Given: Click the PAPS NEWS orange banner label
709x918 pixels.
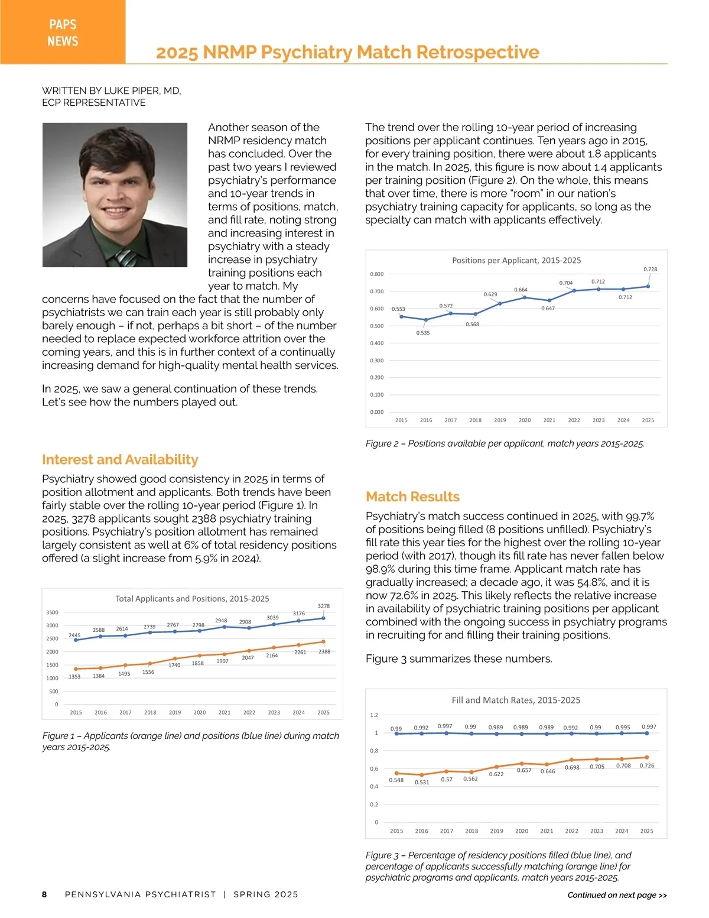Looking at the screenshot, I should pyautogui.click(x=63, y=33).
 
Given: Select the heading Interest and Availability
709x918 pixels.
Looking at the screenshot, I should pyautogui.click(x=120, y=459).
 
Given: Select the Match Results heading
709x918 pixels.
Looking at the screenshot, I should pyautogui.click(x=412, y=497).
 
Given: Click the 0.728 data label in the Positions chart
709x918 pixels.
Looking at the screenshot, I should pyautogui.click(x=650, y=270).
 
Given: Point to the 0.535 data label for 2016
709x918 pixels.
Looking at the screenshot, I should pyautogui.click(x=423, y=333).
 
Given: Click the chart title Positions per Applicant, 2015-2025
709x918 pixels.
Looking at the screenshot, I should pyautogui.click(x=516, y=260).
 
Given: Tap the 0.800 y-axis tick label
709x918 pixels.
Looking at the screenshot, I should pyautogui.click(x=376, y=274).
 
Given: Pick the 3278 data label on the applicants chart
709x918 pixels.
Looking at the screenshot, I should pyautogui.click(x=324, y=606).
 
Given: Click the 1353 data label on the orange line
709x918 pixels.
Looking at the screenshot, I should pyautogui.click(x=74, y=676).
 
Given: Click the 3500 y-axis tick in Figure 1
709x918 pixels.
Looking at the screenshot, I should pyautogui.click(x=52, y=612).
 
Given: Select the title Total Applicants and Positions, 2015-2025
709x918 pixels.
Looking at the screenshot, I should pyautogui.click(x=192, y=599).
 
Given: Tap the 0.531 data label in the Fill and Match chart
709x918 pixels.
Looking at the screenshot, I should pyautogui.click(x=422, y=782).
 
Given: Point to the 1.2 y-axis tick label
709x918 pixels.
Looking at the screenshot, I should pyautogui.click(x=374, y=715).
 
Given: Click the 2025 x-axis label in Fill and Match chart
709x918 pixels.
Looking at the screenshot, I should pyautogui.click(x=647, y=831).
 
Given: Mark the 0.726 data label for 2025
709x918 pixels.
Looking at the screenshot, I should pyautogui.click(x=647, y=765).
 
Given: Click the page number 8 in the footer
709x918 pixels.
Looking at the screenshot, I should pyautogui.click(x=44, y=894).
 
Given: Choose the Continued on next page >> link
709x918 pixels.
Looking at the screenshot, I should pyautogui.click(x=617, y=895).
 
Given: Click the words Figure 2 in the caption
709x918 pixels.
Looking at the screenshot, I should pyautogui.click(x=383, y=443).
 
